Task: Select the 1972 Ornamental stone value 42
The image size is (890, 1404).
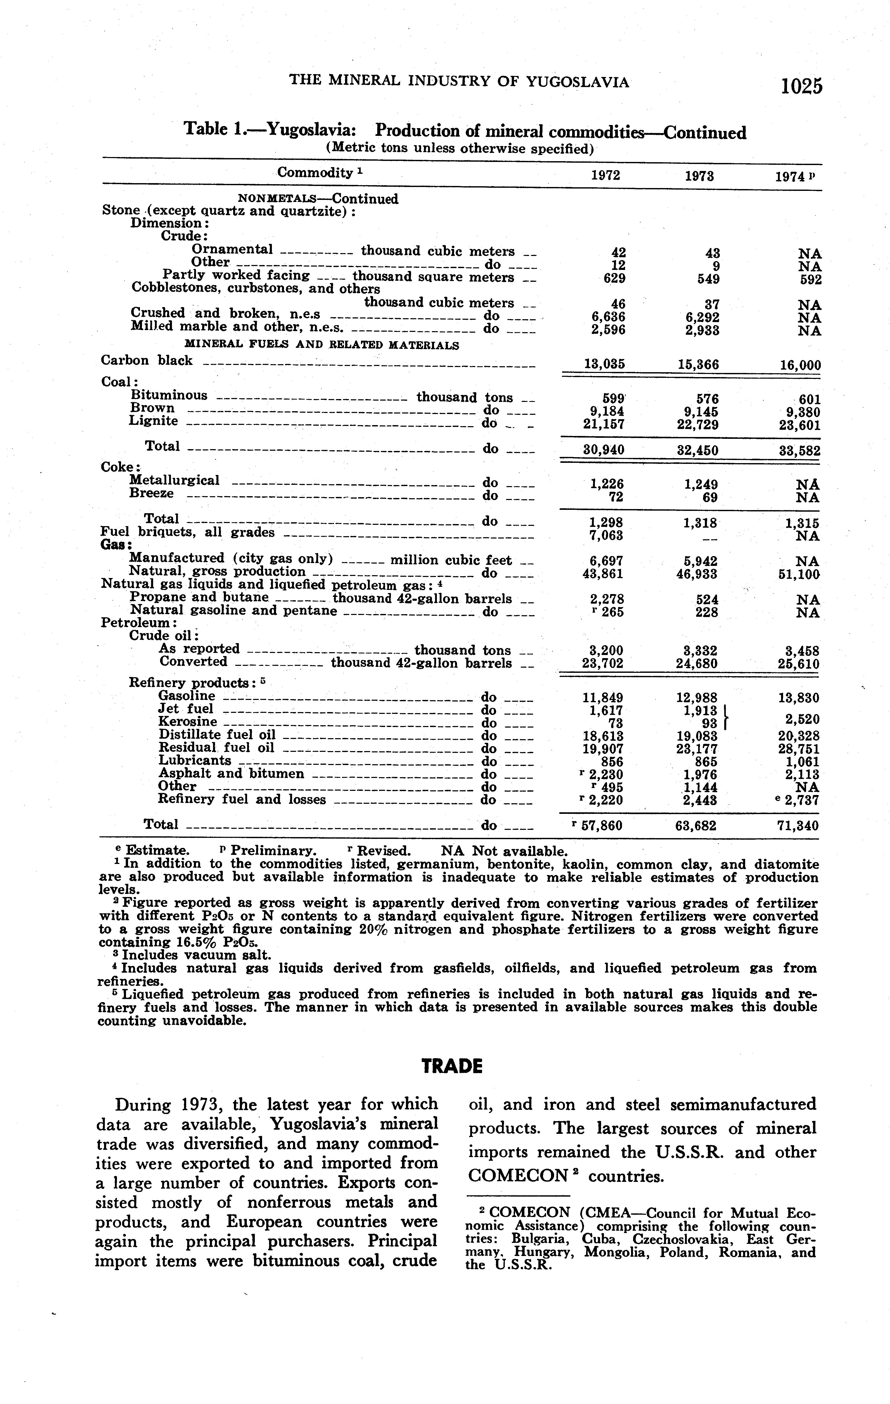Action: [x=618, y=253]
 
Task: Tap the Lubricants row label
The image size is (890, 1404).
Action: [x=195, y=761]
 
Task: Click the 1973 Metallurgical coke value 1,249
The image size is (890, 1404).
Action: [x=701, y=484]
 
